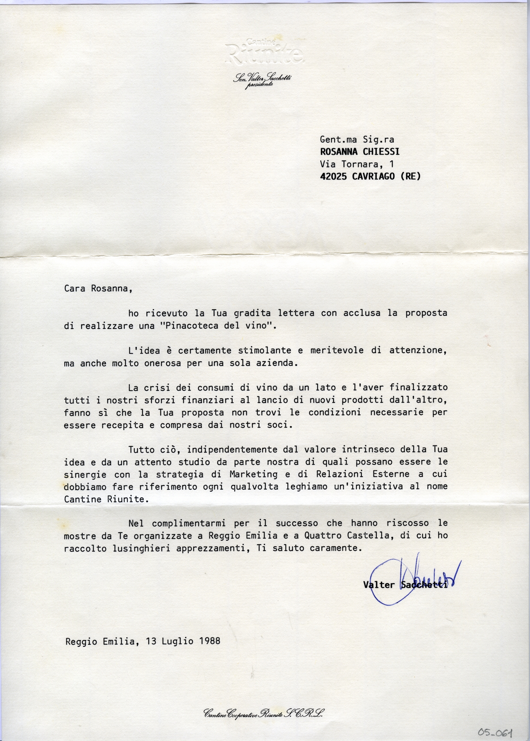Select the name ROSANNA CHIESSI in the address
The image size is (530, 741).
360,152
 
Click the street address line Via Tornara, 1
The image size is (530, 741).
357,164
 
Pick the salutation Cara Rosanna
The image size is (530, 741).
98,288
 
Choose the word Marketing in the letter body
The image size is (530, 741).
253,474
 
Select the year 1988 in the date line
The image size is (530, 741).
210,641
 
